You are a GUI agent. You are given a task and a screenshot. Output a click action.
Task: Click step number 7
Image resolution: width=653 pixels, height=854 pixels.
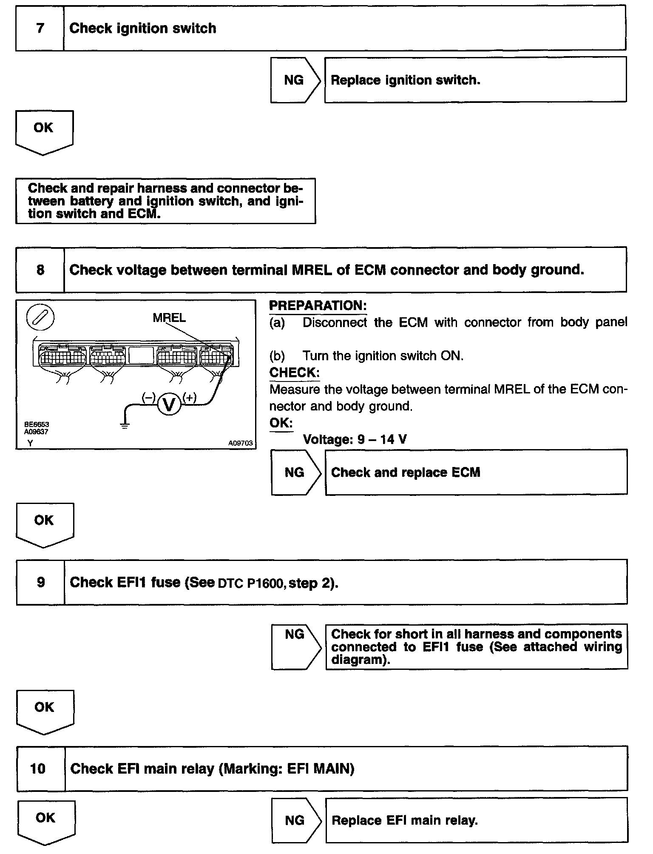[x=40, y=28]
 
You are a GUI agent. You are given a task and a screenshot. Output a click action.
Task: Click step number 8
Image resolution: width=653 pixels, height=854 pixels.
[x=40, y=270]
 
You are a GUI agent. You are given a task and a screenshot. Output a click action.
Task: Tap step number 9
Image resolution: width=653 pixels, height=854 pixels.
[x=41, y=582]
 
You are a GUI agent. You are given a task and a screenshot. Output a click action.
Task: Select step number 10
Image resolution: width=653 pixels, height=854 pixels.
[x=38, y=769]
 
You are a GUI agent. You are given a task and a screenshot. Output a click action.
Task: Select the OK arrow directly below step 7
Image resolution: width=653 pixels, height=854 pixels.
[x=44, y=131]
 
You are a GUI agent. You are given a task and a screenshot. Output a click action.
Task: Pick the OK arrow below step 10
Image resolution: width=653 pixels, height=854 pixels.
[x=46, y=821]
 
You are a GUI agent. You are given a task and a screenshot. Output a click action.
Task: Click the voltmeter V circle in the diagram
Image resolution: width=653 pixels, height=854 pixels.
[x=169, y=404]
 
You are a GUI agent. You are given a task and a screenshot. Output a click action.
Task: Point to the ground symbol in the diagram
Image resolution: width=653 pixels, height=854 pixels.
[x=125, y=425]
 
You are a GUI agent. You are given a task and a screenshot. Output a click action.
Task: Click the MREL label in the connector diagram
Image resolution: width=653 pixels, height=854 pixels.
[x=169, y=318]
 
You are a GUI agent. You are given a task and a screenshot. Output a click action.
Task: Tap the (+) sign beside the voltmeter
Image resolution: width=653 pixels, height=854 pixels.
[x=189, y=398]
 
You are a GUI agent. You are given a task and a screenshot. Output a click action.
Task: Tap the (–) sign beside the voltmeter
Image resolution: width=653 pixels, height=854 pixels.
[x=148, y=398]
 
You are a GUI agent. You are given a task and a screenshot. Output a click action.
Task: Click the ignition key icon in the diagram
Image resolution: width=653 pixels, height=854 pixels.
[x=40, y=318]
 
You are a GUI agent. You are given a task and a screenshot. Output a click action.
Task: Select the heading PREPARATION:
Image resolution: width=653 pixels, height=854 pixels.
[x=318, y=306]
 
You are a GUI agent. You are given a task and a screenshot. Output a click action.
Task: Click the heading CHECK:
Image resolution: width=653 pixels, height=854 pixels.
[x=294, y=373]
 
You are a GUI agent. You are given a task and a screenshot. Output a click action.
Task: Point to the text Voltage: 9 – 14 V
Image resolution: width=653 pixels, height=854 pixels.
[x=355, y=439]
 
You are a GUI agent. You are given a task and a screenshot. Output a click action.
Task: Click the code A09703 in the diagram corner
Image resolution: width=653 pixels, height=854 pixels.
[x=240, y=443]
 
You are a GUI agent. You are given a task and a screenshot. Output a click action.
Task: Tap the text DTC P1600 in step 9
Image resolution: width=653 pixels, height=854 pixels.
[x=250, y=583]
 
